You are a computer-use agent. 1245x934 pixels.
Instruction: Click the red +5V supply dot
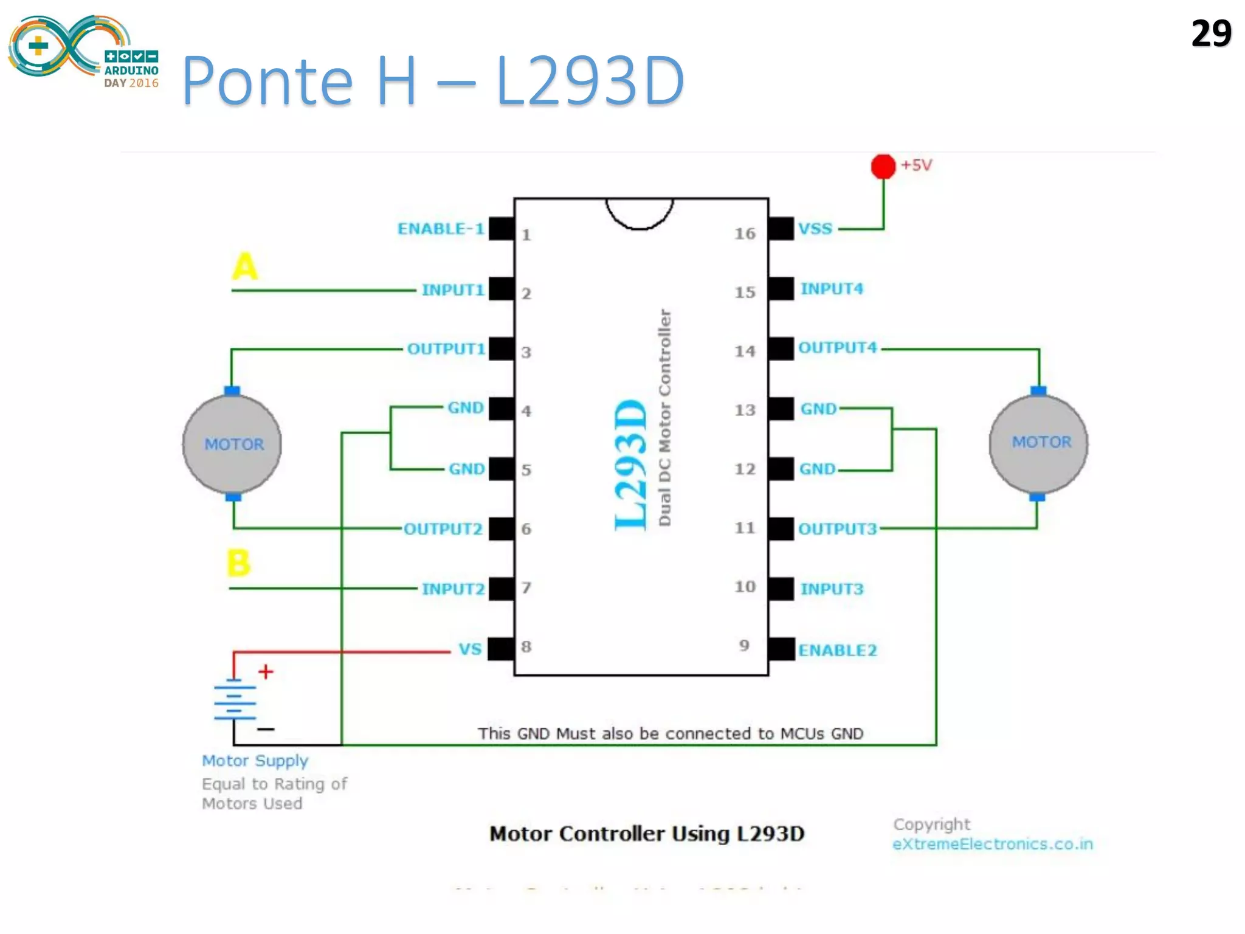(883, 166)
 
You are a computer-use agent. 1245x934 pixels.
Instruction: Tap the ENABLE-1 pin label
(441, 229)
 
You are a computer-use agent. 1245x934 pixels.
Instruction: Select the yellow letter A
(245, 266)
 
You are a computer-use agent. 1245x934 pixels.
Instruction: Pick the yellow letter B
(238, 562)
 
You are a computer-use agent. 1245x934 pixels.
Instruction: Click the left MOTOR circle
(232, 444)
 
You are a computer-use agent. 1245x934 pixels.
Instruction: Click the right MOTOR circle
(1038, 443)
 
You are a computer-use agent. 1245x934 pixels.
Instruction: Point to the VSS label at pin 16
(815, 229)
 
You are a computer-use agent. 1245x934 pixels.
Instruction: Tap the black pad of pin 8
(502, 649)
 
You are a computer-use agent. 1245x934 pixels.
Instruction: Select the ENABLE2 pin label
(837, 651)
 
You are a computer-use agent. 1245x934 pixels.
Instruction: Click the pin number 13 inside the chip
(745, 410)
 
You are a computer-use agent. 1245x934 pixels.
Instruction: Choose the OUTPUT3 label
(837, 529)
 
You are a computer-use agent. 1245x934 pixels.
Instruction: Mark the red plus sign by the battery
(266, 672)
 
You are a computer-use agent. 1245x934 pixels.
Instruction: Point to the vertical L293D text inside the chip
(631, 465)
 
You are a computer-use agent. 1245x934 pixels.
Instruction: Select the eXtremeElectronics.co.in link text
(992, 844)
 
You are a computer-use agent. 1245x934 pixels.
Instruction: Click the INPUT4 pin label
(831, 289)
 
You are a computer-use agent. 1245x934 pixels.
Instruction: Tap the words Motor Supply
(255, 761)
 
